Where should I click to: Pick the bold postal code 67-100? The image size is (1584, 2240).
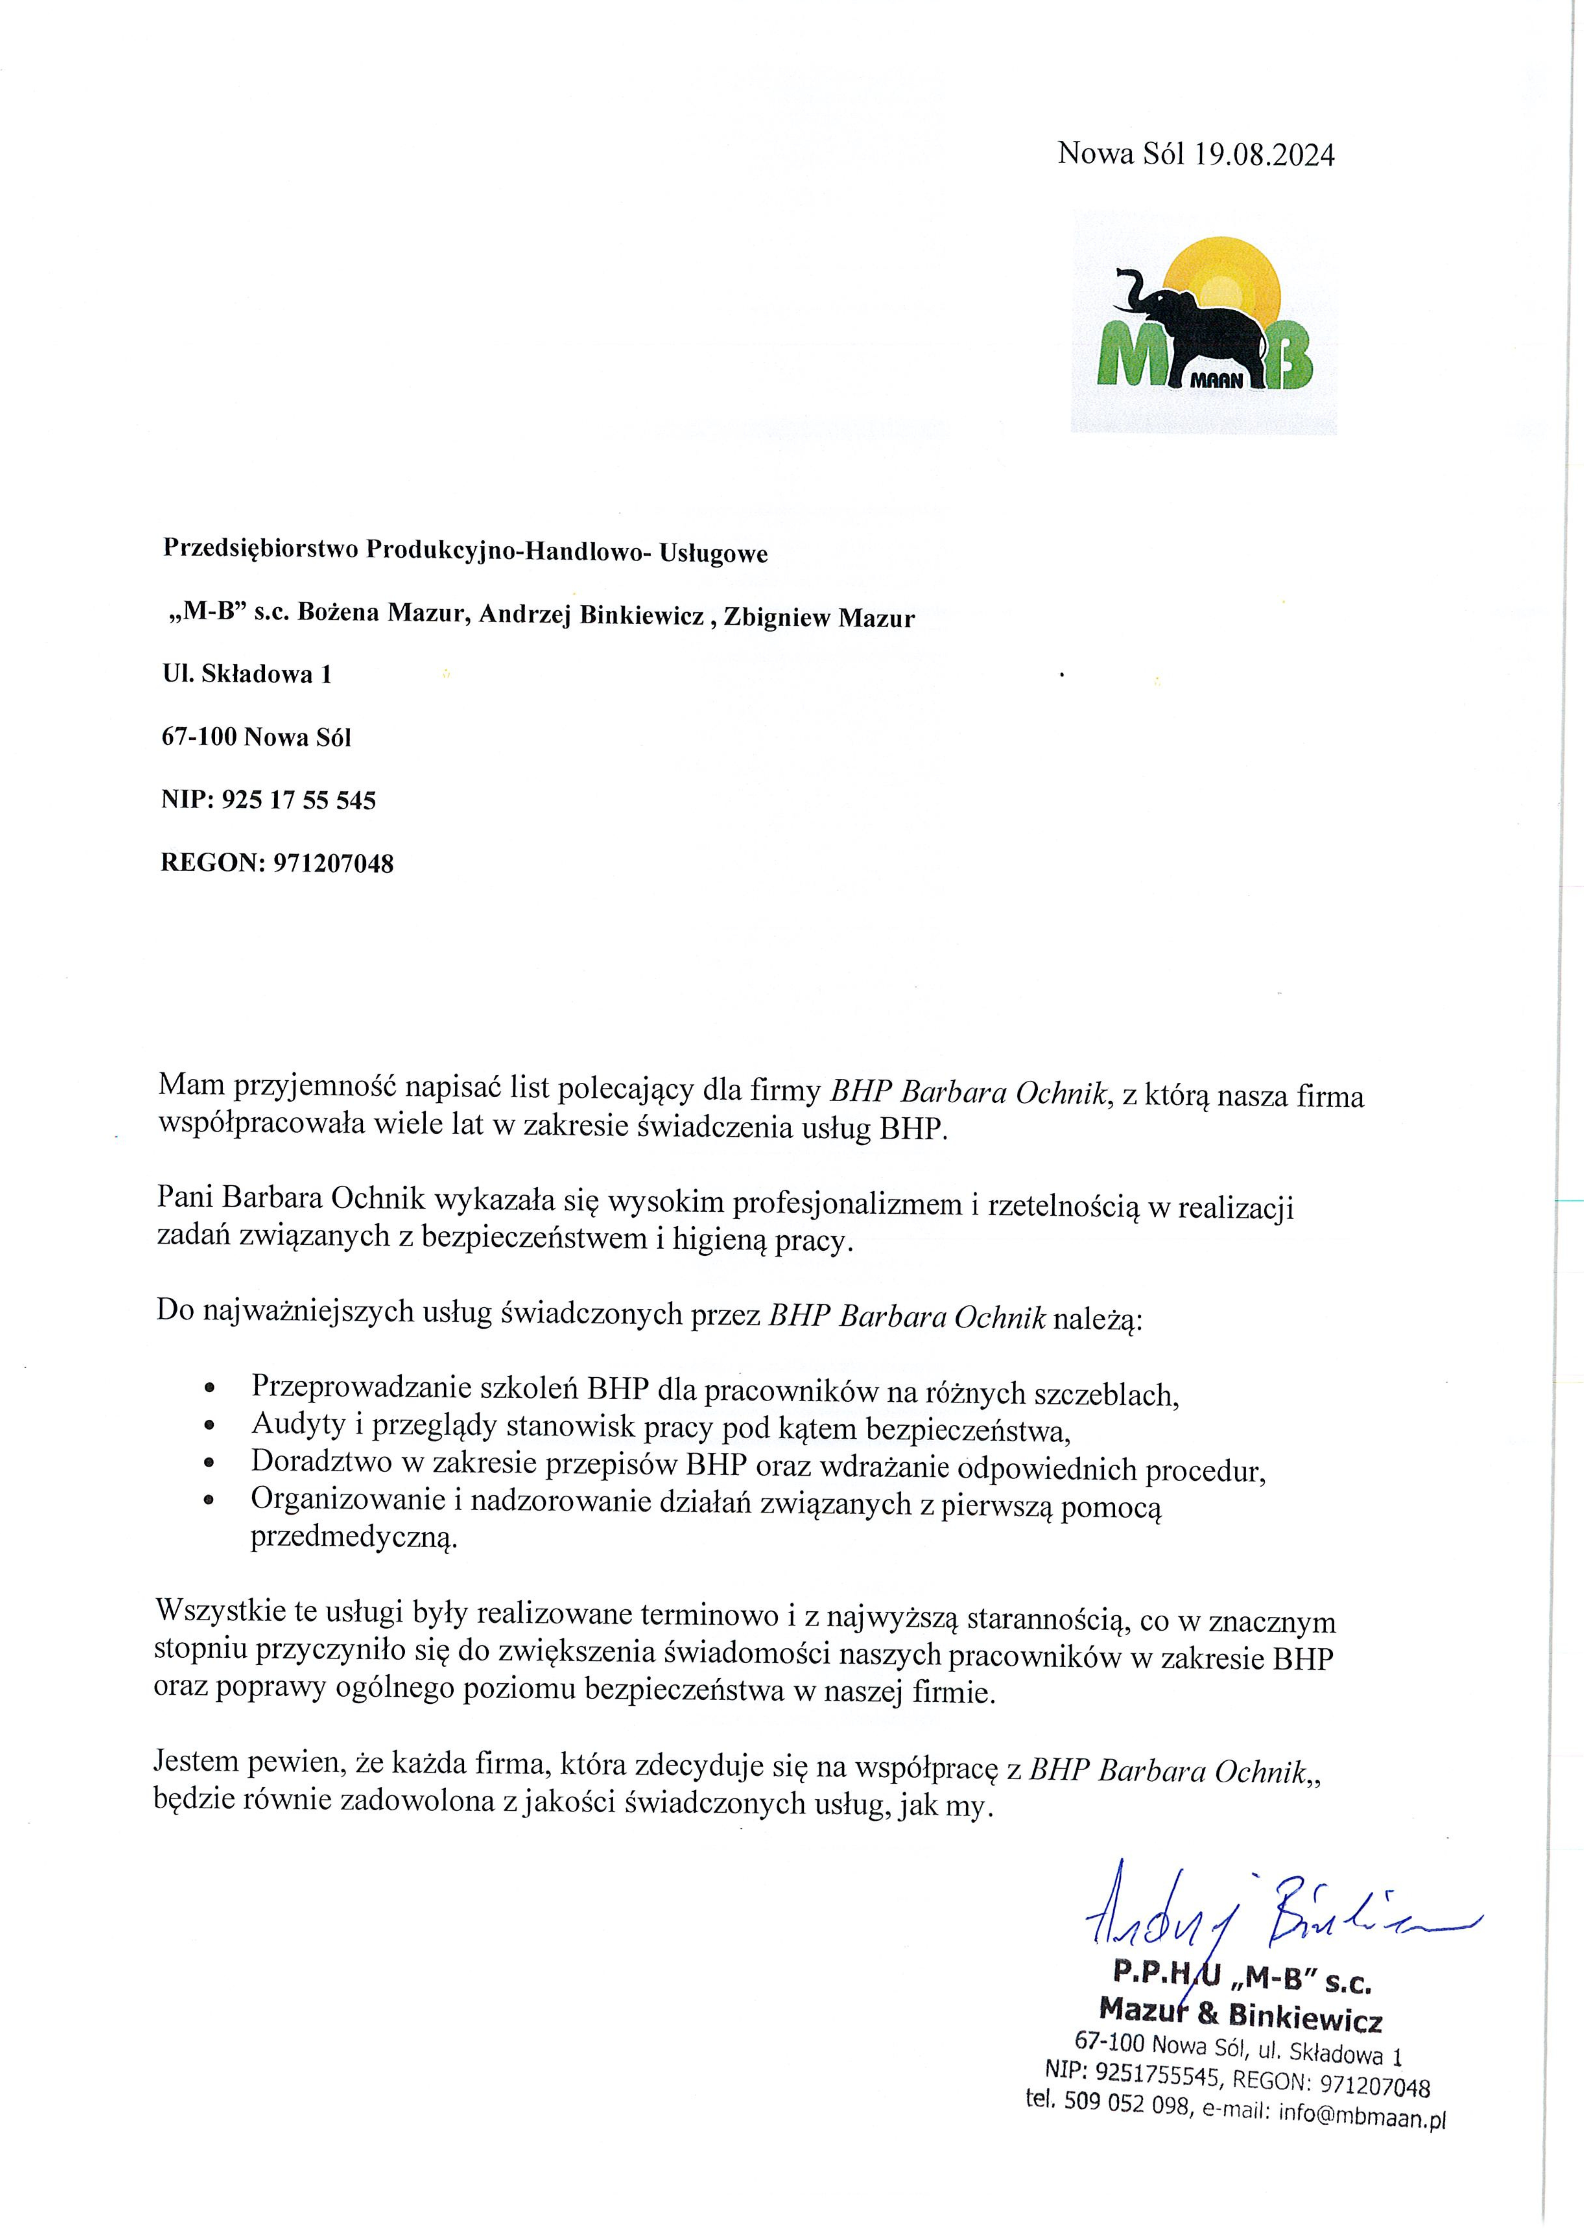click(x=199, y=737)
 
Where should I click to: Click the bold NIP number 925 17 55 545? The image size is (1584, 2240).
click(x=299, y=800)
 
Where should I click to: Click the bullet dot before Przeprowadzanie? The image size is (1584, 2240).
click(x=209, y=1389)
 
